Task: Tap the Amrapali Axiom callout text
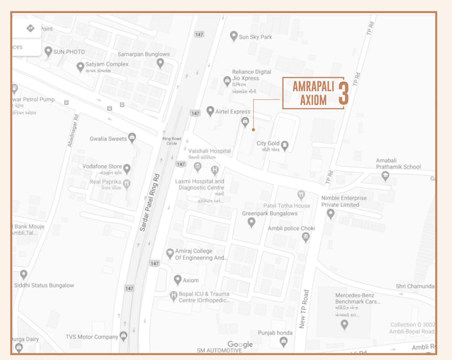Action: tap(309, 93)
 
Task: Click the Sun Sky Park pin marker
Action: tap(234, 36)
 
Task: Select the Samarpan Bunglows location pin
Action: tap(160, 62)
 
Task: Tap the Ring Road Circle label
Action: tap(172, 141)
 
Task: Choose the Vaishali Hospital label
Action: tap(210, 151)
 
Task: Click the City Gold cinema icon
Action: tap(285, 145)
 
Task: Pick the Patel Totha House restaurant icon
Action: tap(301, 195)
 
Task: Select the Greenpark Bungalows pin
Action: tap(252, 222)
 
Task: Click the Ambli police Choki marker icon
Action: tap(306, 237)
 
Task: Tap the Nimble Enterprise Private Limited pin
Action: tap(331, 214)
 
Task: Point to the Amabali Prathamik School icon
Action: tap(385, 176)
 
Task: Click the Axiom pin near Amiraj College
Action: tap(177, 280)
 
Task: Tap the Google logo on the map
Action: tap(240, 345)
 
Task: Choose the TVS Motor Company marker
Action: tap(123, 336)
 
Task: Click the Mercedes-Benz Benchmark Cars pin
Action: tap(345, 324)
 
